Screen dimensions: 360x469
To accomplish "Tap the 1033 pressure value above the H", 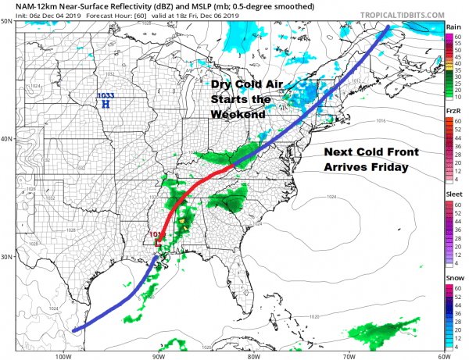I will [104, 96].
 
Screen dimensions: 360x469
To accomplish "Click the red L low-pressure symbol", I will [159, 244].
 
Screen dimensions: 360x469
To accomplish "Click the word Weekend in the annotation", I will [238, 114].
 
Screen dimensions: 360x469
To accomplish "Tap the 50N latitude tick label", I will [6, 22].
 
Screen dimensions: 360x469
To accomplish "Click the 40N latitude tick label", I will [6, 140].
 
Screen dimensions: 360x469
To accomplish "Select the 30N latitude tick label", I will [6, 257].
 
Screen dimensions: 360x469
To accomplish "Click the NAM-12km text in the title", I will [27, 6].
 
